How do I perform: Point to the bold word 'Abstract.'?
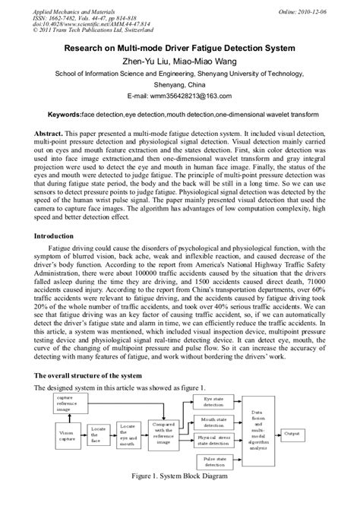tap(50, 131)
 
